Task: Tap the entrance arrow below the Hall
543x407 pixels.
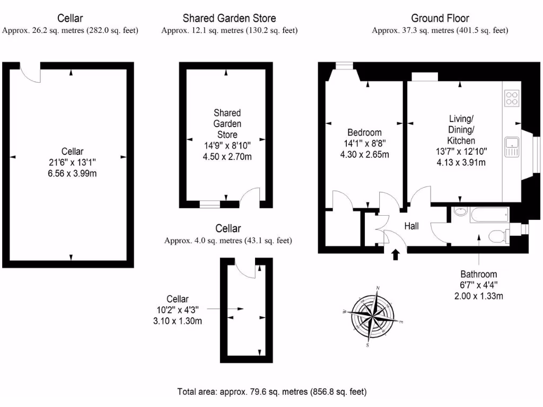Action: [x=395, y=255]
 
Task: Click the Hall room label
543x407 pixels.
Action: [x=411, y=226]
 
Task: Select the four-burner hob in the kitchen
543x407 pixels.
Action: [x=512, y=99]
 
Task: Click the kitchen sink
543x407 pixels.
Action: [x=512, y=146]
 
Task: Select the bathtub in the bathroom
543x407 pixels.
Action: [x=488, y=215]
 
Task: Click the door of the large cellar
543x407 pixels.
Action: [x=31, y=72]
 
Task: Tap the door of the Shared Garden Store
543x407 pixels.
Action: [x=250, y=197]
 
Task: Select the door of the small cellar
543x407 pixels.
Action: [x=244, y=268]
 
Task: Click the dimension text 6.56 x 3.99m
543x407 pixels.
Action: [x=72, y=173]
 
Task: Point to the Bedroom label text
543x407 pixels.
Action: [x=364, y=132]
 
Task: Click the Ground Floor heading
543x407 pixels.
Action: [x=440, y=19]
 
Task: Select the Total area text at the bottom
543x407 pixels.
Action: [x=271, y=392]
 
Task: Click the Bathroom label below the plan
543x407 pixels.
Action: [x=478, y=274]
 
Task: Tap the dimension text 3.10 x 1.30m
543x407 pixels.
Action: [x=177, y=321]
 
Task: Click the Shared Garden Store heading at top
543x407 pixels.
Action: [x=229, y=19]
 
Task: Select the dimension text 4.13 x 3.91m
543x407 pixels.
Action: [x=461, y=163]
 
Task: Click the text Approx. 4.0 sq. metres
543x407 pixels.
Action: [x=228, y=241]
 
